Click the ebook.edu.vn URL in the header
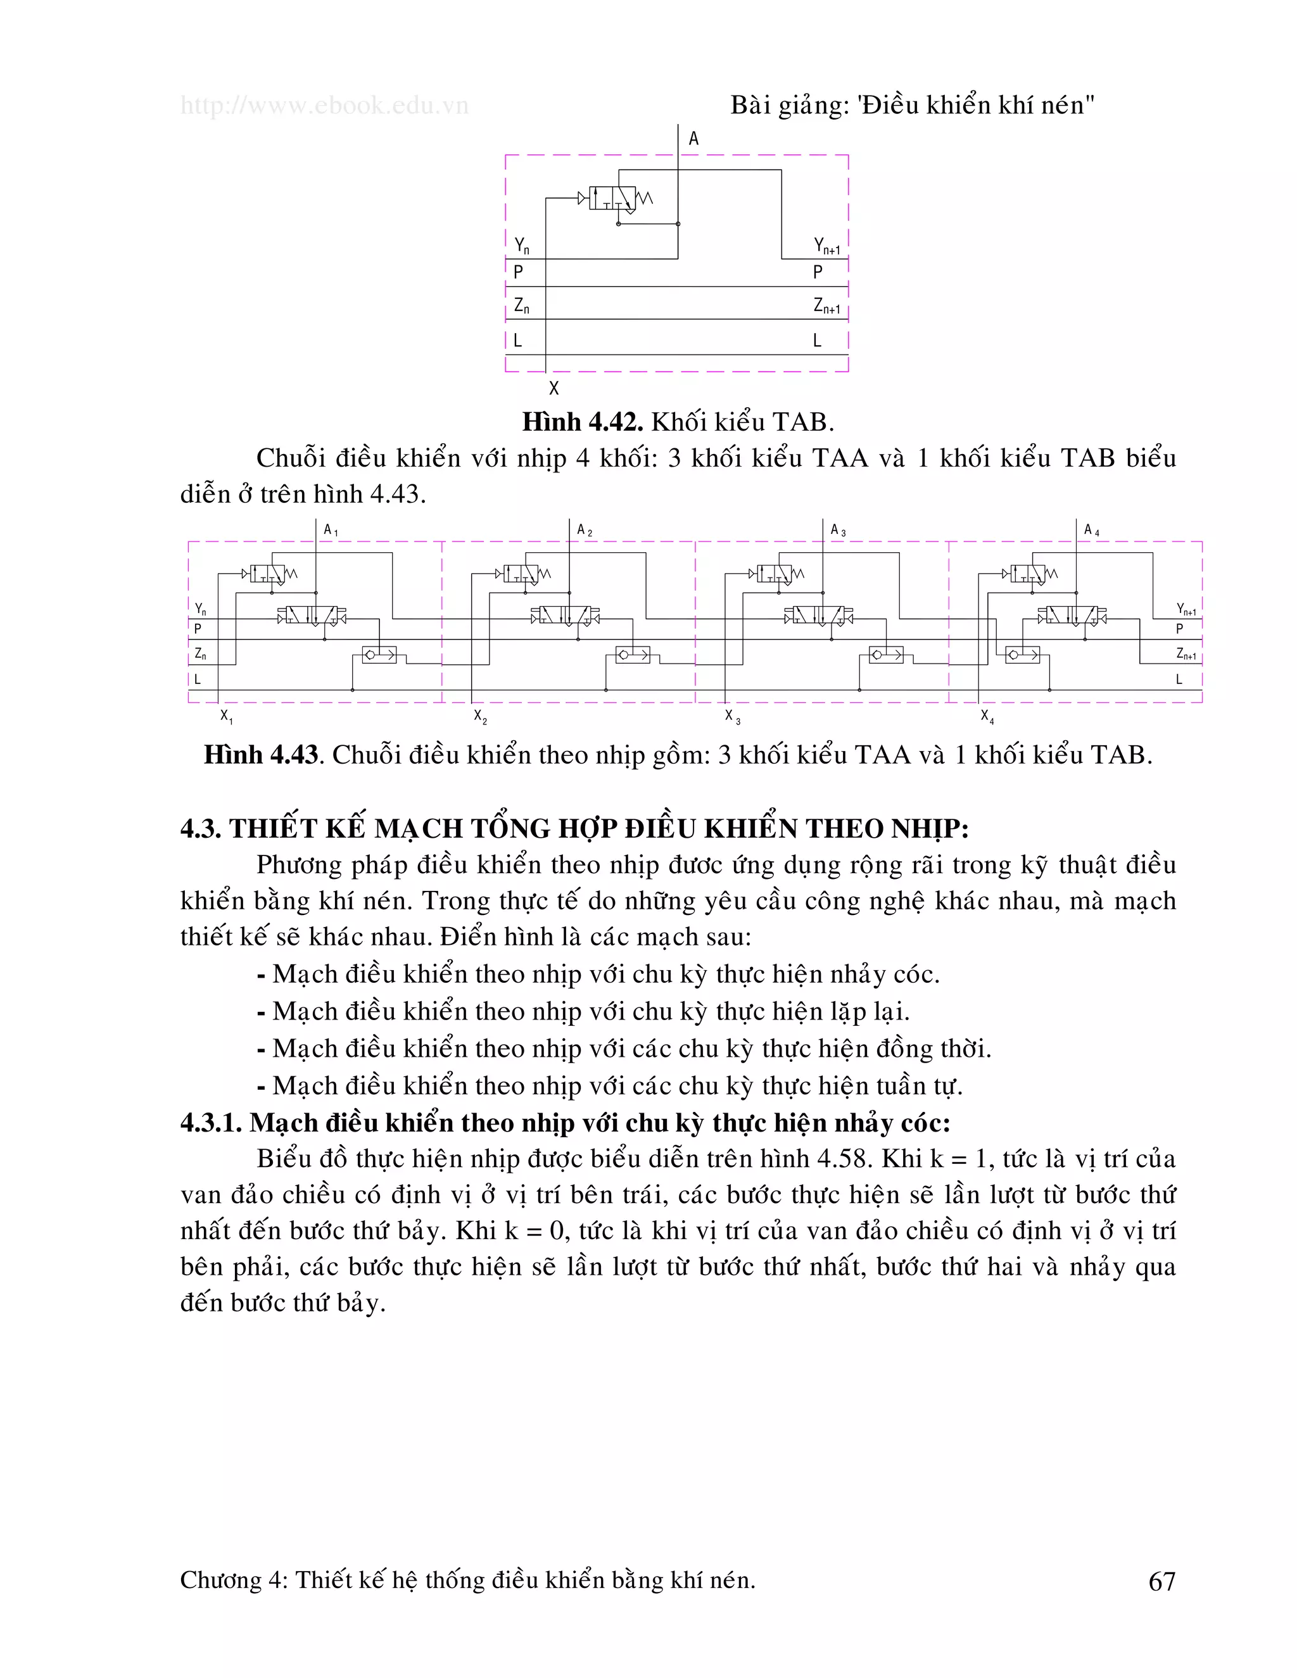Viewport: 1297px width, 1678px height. click(324, 105)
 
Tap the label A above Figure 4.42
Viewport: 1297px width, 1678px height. click(694, 139)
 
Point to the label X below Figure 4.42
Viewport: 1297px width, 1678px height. click(554, 388)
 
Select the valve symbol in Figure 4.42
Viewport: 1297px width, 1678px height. click(612, 198)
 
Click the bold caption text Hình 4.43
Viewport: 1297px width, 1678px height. click(260, 755)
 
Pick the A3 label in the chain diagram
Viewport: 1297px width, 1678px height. click(837, 529)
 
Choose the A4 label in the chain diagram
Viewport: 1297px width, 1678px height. click(1091, 529)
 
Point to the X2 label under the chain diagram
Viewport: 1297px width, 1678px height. click(480, 717)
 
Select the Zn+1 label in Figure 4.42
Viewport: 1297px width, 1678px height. click(826, 306)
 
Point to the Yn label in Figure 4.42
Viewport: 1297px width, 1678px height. click(522, 246)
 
